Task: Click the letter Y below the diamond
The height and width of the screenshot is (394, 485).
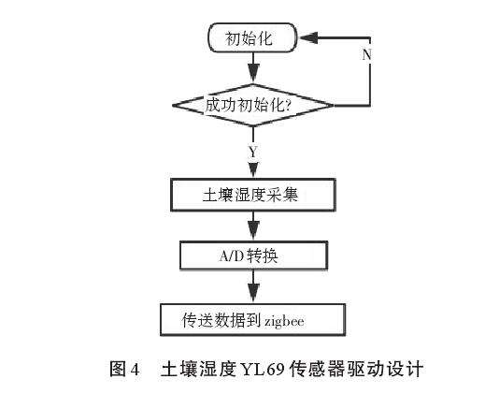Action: (252, 151)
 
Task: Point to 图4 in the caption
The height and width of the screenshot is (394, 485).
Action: (125, 369)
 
